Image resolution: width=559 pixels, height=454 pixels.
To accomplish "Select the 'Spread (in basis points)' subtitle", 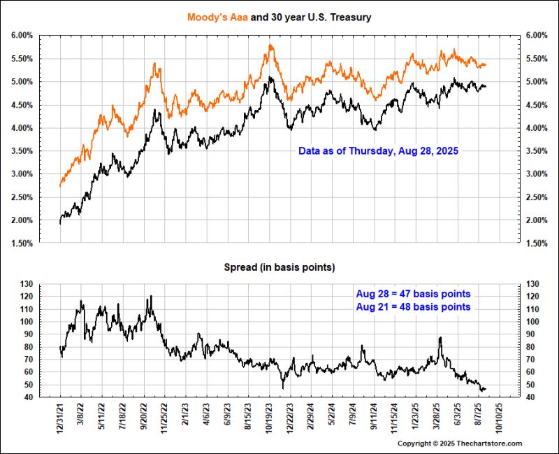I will point(279,267).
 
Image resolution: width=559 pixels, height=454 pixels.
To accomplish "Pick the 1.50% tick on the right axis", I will point(537,243).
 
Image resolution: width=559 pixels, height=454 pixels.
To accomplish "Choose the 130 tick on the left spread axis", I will point(27,284).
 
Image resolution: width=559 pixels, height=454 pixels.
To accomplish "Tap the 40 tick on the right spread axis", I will point(532,397).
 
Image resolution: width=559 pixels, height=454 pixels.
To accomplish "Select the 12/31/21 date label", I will point(61,418).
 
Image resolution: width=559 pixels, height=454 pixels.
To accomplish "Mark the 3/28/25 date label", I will point(439,418).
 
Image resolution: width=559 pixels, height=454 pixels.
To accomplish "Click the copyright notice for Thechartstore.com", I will point(460,444).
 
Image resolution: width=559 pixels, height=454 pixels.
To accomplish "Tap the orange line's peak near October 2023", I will point(270,45).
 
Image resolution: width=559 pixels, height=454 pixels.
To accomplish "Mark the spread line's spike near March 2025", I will point(440,338).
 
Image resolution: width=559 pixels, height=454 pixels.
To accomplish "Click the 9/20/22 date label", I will point(145,418).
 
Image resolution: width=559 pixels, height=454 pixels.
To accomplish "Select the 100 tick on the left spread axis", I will point(27,322).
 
